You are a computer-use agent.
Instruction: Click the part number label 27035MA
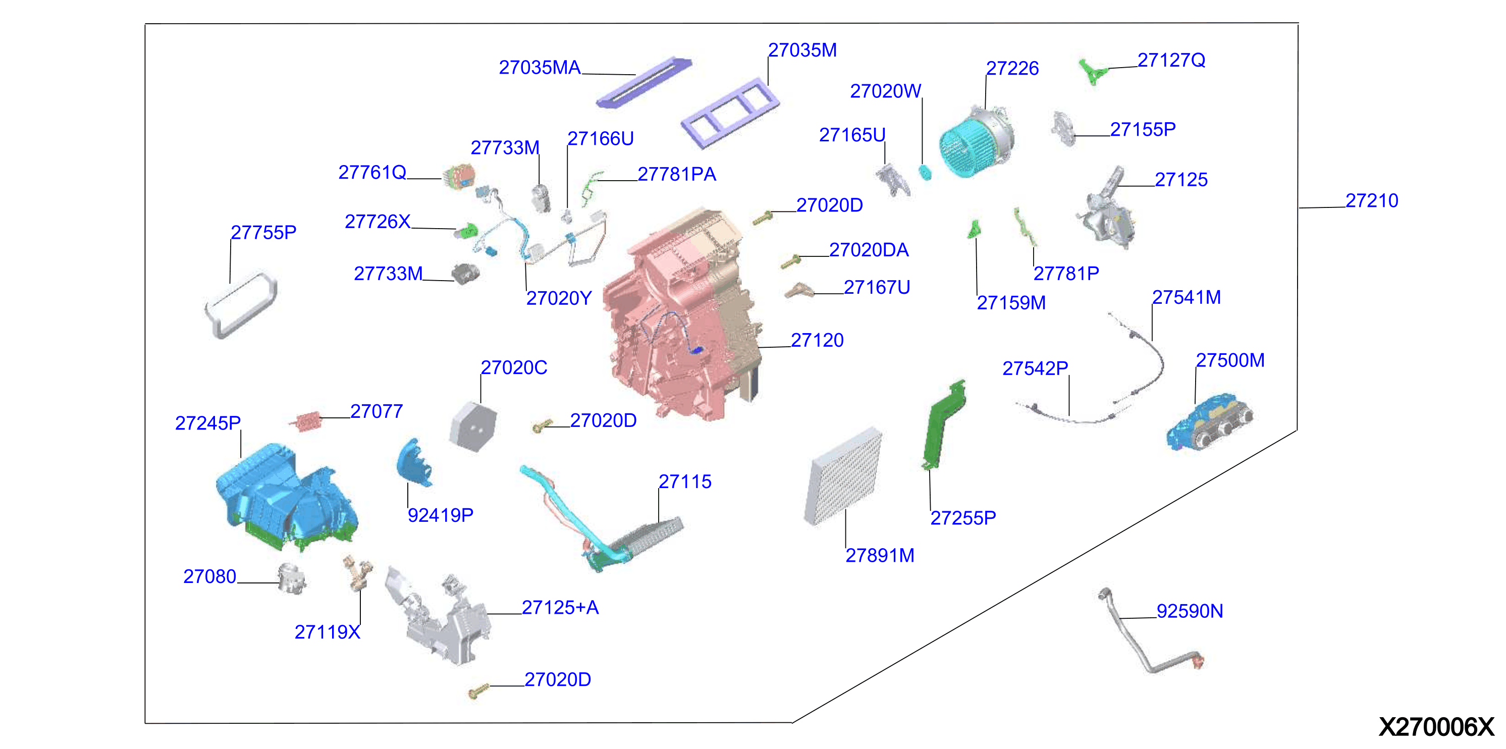click(x=540, y=68)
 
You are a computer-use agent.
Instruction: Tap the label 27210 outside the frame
click(x=1372, y=200)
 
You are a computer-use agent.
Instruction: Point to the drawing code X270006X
click(x=1436, y=727)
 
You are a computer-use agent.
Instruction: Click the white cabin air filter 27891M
click(x=843, y=476)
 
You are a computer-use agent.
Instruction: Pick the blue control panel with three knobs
click(x=1210, y=422)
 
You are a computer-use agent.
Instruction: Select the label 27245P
click(x=207, y=423)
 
